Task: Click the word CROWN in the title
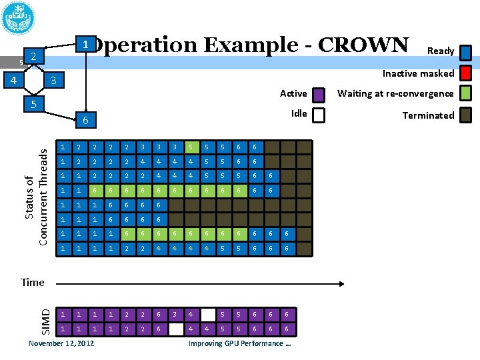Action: point(363,45)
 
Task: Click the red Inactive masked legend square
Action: point(466,73)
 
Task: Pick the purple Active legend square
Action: point(319,95)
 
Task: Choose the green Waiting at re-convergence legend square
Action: point(466,94)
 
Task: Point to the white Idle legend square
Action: point(319,115)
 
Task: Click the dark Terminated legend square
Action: point(466,115)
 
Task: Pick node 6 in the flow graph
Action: point(84,120)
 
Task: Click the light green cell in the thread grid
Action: point(190,147)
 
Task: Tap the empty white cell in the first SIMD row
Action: point(208,313)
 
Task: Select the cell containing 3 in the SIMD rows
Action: point(174,313)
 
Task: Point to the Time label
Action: point(33,282)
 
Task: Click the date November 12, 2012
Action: point(61,343)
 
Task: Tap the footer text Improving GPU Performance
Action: point(240,343)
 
